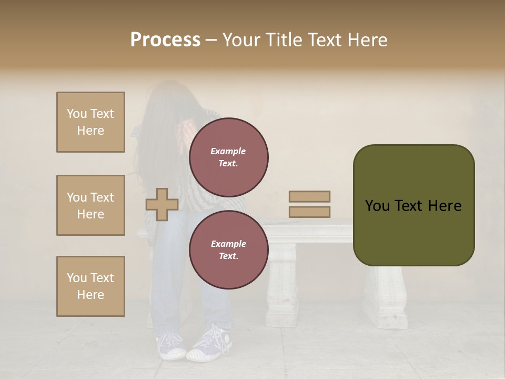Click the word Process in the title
tap(165, 40)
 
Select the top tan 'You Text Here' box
tap(90, 122)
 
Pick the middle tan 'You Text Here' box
tap(90, 205)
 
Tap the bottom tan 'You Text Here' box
tap(90, 286)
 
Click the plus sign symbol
tap(161, 205)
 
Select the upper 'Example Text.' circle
tap(228, 157)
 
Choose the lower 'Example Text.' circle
tap(228, 250)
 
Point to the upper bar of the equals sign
tap(309, 196)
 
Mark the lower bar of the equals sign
tap(309, 212)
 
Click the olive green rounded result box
tap(413, 205)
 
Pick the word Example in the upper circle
tap(228, 151)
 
